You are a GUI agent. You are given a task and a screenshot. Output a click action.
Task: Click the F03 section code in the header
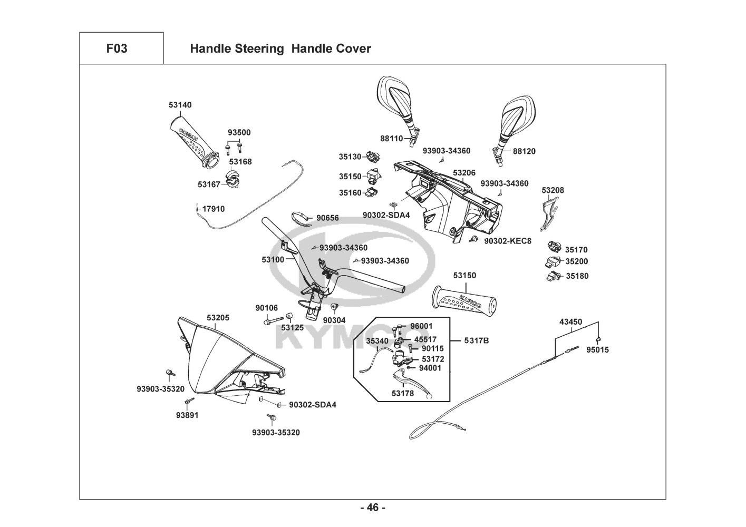point(117,48)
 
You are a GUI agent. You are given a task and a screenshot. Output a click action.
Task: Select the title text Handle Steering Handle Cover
point(280,49)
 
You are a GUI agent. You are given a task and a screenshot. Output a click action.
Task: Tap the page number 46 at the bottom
point(373,508)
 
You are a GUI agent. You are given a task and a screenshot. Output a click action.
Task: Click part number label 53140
point(180,105)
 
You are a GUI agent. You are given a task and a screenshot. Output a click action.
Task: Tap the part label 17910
point(213,209)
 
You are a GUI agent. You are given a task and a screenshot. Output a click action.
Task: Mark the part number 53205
point(218,318)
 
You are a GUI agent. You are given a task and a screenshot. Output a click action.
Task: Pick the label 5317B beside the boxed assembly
point(477,341)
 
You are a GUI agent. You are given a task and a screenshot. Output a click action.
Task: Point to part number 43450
point(570,321)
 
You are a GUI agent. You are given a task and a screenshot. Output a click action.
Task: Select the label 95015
point(597,349)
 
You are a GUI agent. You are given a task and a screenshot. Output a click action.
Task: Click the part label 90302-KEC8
point(508,241)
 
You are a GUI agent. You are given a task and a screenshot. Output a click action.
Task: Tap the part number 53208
point(553,190)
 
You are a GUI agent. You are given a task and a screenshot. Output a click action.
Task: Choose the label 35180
point(577,276)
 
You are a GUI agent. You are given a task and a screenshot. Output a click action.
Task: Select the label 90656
point(327,218)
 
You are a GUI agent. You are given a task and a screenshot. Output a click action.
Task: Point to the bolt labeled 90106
point(269,320)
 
